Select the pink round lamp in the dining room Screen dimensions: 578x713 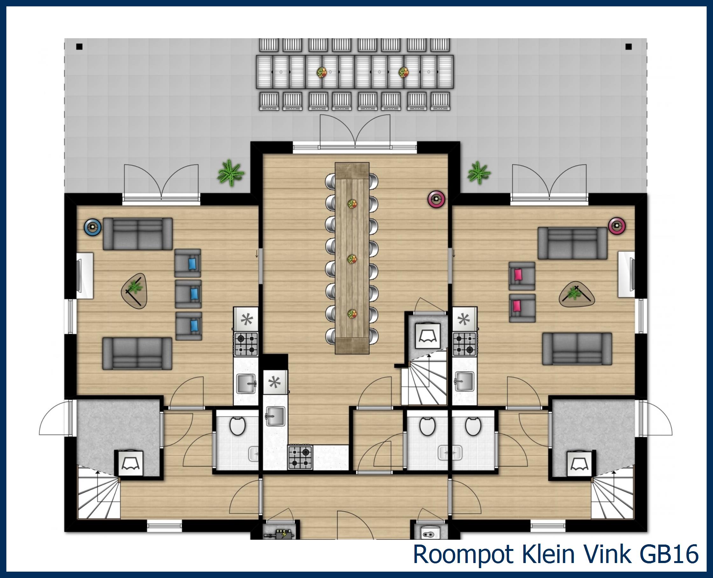[436, 199]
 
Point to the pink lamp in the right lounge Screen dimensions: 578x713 [617, 226]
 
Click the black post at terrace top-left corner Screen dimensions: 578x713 [79, 46]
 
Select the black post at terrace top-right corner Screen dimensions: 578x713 [629, 46]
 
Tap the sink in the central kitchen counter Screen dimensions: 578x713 [275, 416]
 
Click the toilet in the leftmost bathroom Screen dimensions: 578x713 [237, 426]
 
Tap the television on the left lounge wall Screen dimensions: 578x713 [79, 275]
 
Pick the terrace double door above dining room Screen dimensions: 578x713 [355, 133]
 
